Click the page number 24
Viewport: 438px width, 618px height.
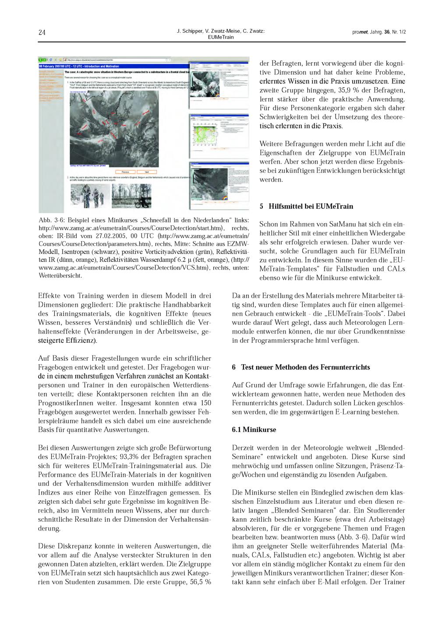click(x=42, y=32)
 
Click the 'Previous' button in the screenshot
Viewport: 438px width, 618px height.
click(x=125, y=172)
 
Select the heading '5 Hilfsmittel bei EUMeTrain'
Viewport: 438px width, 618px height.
click(x=306, y=206)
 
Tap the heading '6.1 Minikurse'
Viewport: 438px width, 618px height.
click(x=254, y=429)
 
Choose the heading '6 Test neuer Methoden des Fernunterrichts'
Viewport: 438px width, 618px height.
click(x=301, y=367)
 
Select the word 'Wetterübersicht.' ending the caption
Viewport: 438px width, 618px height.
click(x=60, y=275)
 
